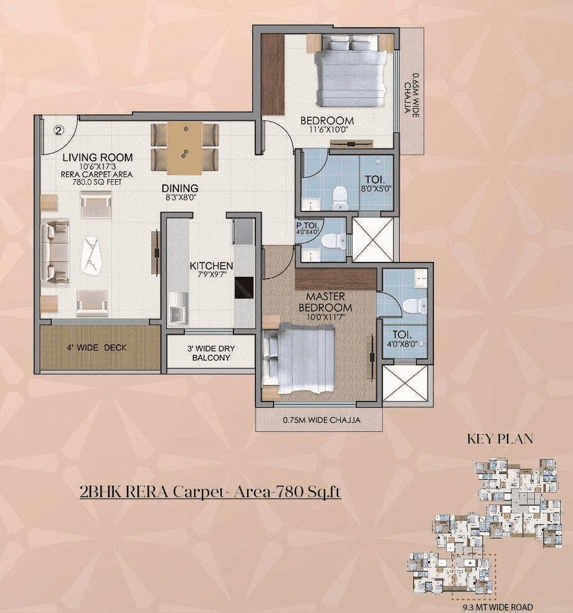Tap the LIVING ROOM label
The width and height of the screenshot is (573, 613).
click(98, 157)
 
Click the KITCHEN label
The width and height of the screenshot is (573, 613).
click(211, 266)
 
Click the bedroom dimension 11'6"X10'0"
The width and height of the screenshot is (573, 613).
click(327, 131)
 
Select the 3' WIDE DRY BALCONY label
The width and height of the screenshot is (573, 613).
click(211, 353)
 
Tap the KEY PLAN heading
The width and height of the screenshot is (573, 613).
click(500, 439)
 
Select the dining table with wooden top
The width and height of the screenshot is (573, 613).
click(184, 148)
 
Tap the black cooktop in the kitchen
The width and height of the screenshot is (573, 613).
click(243, 287)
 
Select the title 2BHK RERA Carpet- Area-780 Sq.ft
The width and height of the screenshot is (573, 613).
click(210, 492)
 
